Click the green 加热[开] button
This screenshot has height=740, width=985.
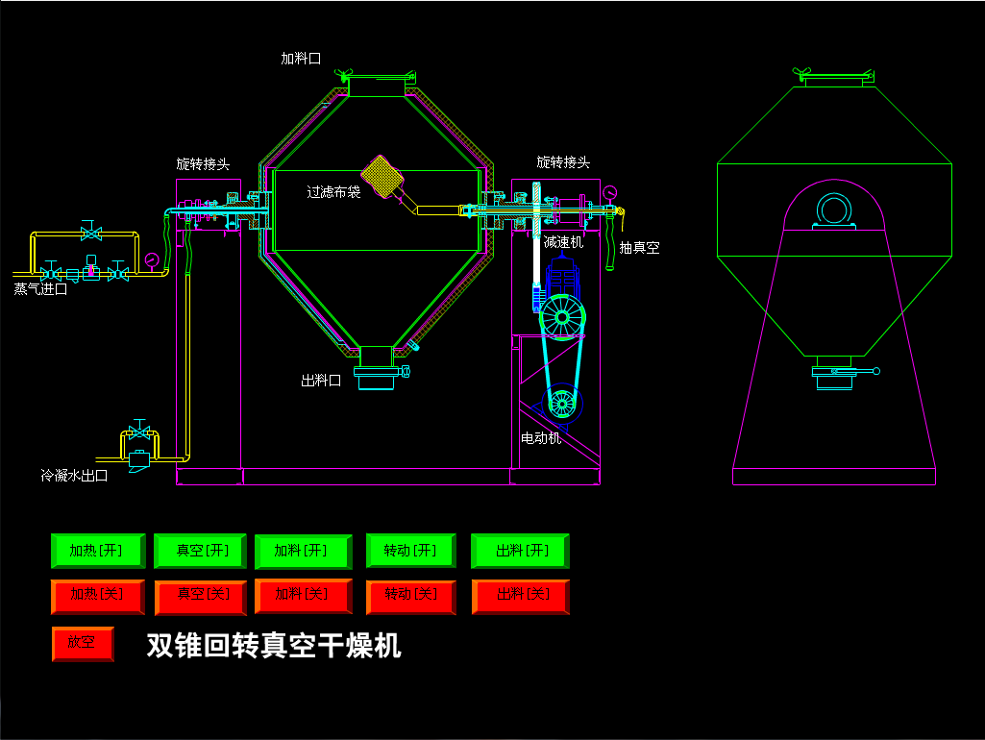(x=97, y=551)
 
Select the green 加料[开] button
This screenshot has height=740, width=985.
(x=301, y=551)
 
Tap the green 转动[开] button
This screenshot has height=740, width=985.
(x=410, y=551)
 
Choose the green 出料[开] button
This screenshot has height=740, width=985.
(x=520, y=551)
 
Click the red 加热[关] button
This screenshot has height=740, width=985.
(x=97, y=596)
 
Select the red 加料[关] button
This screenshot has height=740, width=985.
(x=301, y=596)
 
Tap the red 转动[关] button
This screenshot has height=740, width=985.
(x=410, y=596)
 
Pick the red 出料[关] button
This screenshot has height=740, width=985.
(x=520, y=596)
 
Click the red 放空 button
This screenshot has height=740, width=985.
(x=83, y=642)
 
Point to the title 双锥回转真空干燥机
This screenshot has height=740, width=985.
(x=274, y=646)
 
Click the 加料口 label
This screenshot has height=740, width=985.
(x=301, y=59)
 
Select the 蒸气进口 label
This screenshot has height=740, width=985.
(x=40, y=288)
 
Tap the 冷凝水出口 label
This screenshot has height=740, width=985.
(x=74, y=475)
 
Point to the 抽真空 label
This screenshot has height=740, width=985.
(x=639, y=248)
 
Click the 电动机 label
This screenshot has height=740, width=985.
(x=541, y=438)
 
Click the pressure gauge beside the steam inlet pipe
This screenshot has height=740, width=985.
(x=152, y=259)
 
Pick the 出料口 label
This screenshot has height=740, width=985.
(x=321, y=381)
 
